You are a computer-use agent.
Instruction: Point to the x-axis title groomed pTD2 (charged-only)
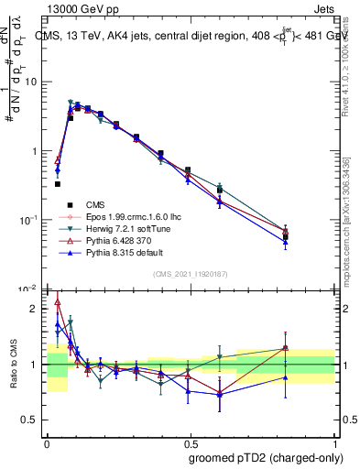pyautogui.click(x=267, y=457)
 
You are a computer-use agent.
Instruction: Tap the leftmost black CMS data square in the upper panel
pyautogui.click(x=58, y=184)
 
